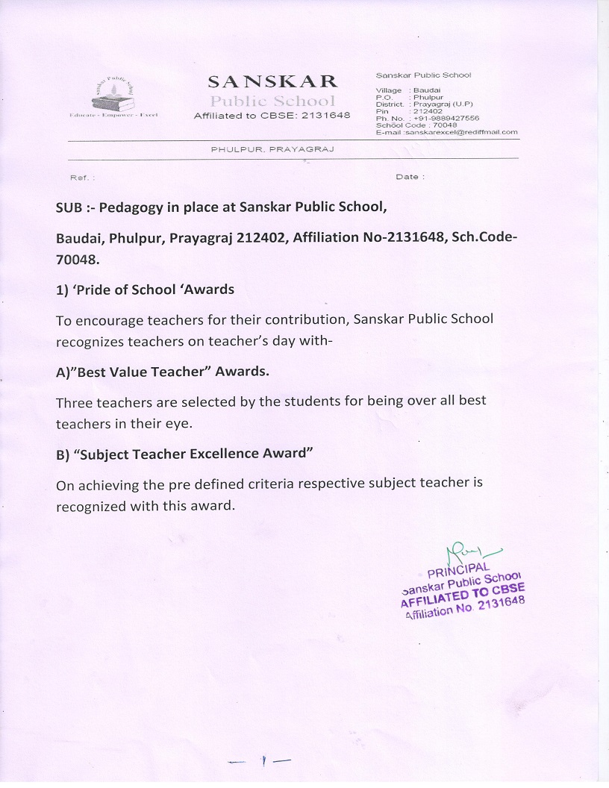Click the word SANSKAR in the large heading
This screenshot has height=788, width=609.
pos(272,81)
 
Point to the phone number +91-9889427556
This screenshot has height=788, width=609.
pos(447,118)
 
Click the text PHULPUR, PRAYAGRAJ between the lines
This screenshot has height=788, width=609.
pos(272,149)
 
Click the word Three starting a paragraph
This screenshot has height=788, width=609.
pos(74,401)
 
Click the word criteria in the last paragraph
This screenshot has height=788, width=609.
pos(264,484)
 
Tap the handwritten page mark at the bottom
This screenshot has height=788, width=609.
pos(262,761)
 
